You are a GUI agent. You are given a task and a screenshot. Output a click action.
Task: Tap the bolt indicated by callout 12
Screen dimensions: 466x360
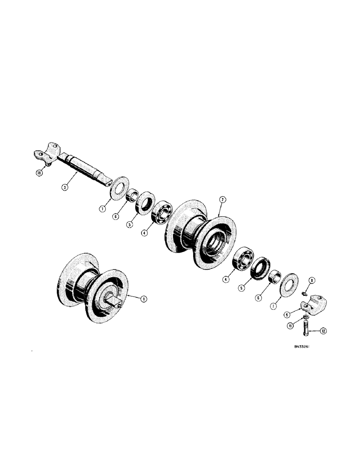pos(307,334)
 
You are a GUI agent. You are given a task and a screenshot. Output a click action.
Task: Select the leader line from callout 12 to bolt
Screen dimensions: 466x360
pos(315,331)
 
